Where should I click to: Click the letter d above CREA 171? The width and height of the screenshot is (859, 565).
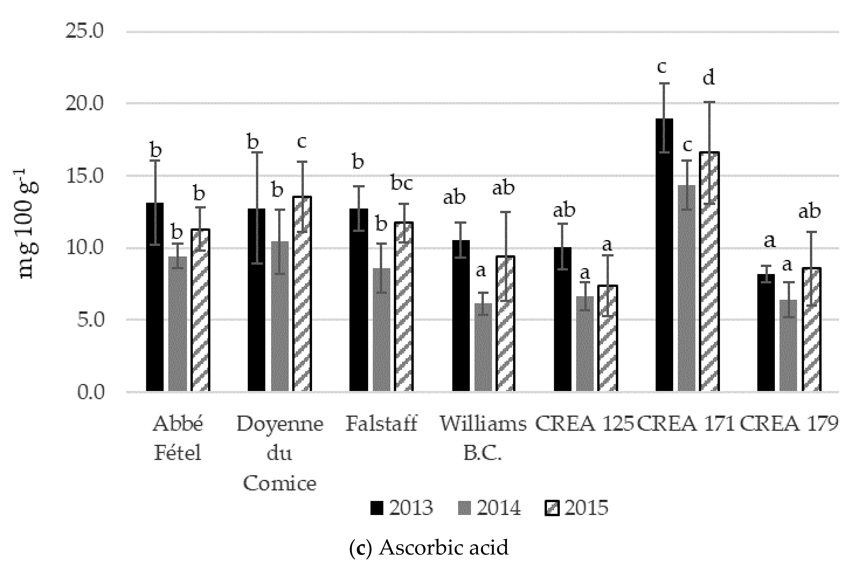(709, 78)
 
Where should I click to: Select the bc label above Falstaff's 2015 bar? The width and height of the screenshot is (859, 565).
(402, 184)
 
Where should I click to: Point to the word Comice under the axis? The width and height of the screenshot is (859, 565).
(279, 483)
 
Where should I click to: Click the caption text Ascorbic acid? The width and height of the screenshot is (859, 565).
(444, 547)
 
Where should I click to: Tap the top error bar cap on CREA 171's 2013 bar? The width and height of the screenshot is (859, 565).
(664, 83)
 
